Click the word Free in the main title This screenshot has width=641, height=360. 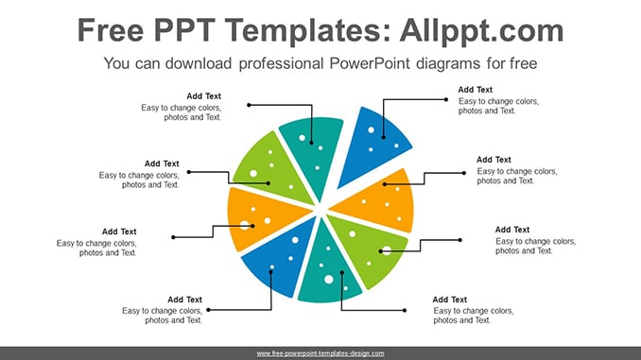(111, 30)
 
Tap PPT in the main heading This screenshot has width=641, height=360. (184, 30)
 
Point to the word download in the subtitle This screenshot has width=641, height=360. (199, 63)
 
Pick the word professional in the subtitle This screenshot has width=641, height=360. (281, 64)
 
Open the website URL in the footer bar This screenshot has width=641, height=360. (320, 353)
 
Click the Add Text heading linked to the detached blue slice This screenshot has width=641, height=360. (475, 90)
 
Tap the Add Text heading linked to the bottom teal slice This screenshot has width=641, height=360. (450, 300)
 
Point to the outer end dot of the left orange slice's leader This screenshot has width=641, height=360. (173, 237)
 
